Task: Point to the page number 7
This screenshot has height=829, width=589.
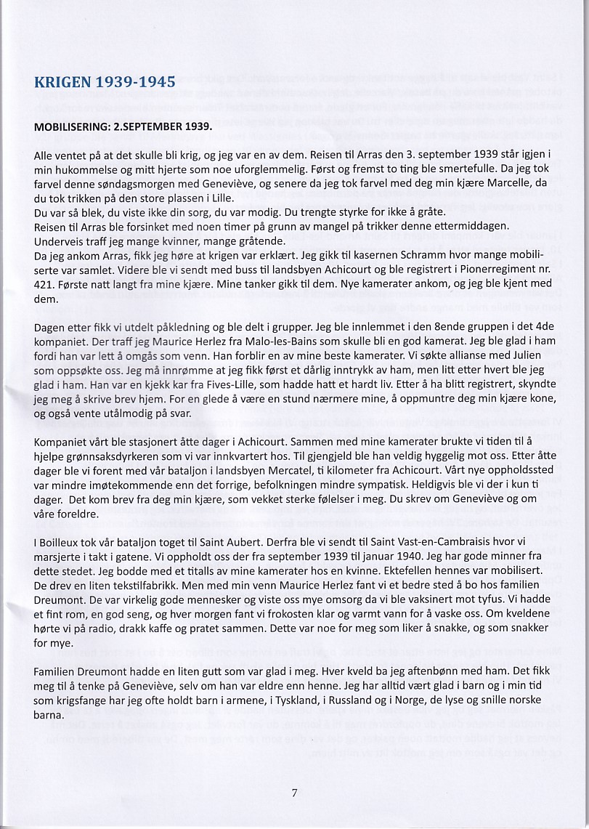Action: pos(294,793)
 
